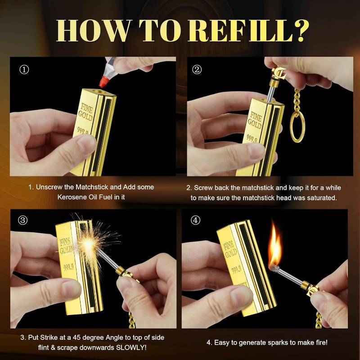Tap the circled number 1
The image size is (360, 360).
point(24,70)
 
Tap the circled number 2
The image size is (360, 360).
point(197,70)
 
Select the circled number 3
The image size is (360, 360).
point(22,220)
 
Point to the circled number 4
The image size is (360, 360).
point(195,220)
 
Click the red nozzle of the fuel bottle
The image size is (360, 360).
point(104,82)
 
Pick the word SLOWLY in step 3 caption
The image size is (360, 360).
point(131,347)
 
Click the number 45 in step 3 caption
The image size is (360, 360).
point(76,337)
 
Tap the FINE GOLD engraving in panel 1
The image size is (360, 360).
point(86,112)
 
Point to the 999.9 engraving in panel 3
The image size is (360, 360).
point(68,267)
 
